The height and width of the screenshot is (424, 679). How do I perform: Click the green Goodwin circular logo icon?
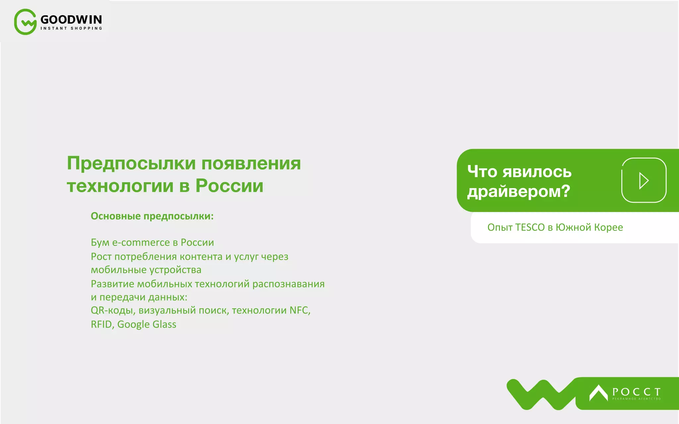(x=25, y=22)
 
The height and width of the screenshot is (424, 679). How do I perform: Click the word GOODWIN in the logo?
(x=71, y=20)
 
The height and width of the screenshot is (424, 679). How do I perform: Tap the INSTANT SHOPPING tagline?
(x=71, y=28)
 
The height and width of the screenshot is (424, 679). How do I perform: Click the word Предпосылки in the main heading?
(x=131, y=163)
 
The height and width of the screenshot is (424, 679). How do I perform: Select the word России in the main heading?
(x=229, y=185)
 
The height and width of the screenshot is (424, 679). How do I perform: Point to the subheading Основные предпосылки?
(x=152, y=216)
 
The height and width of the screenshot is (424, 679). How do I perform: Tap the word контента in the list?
(x=201, y=257)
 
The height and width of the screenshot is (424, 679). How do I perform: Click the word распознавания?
(x=288, y=284)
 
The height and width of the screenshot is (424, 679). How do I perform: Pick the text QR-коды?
(x=113, y=310)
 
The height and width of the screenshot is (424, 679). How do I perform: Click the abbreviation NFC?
(x=299, y=310)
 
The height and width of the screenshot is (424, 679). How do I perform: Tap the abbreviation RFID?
(x=101, y=324)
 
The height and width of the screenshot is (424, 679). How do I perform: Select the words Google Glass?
(x=147, y=324)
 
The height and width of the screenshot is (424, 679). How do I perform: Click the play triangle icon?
(x=644, y=181)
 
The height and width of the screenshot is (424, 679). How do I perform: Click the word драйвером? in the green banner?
(x=519, y=191)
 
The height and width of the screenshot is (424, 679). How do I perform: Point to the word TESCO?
(x=530, y=228)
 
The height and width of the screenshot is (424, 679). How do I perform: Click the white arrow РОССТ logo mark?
(x=598, y=393)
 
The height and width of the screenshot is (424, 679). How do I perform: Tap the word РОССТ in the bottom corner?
(x=636, y=392)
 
